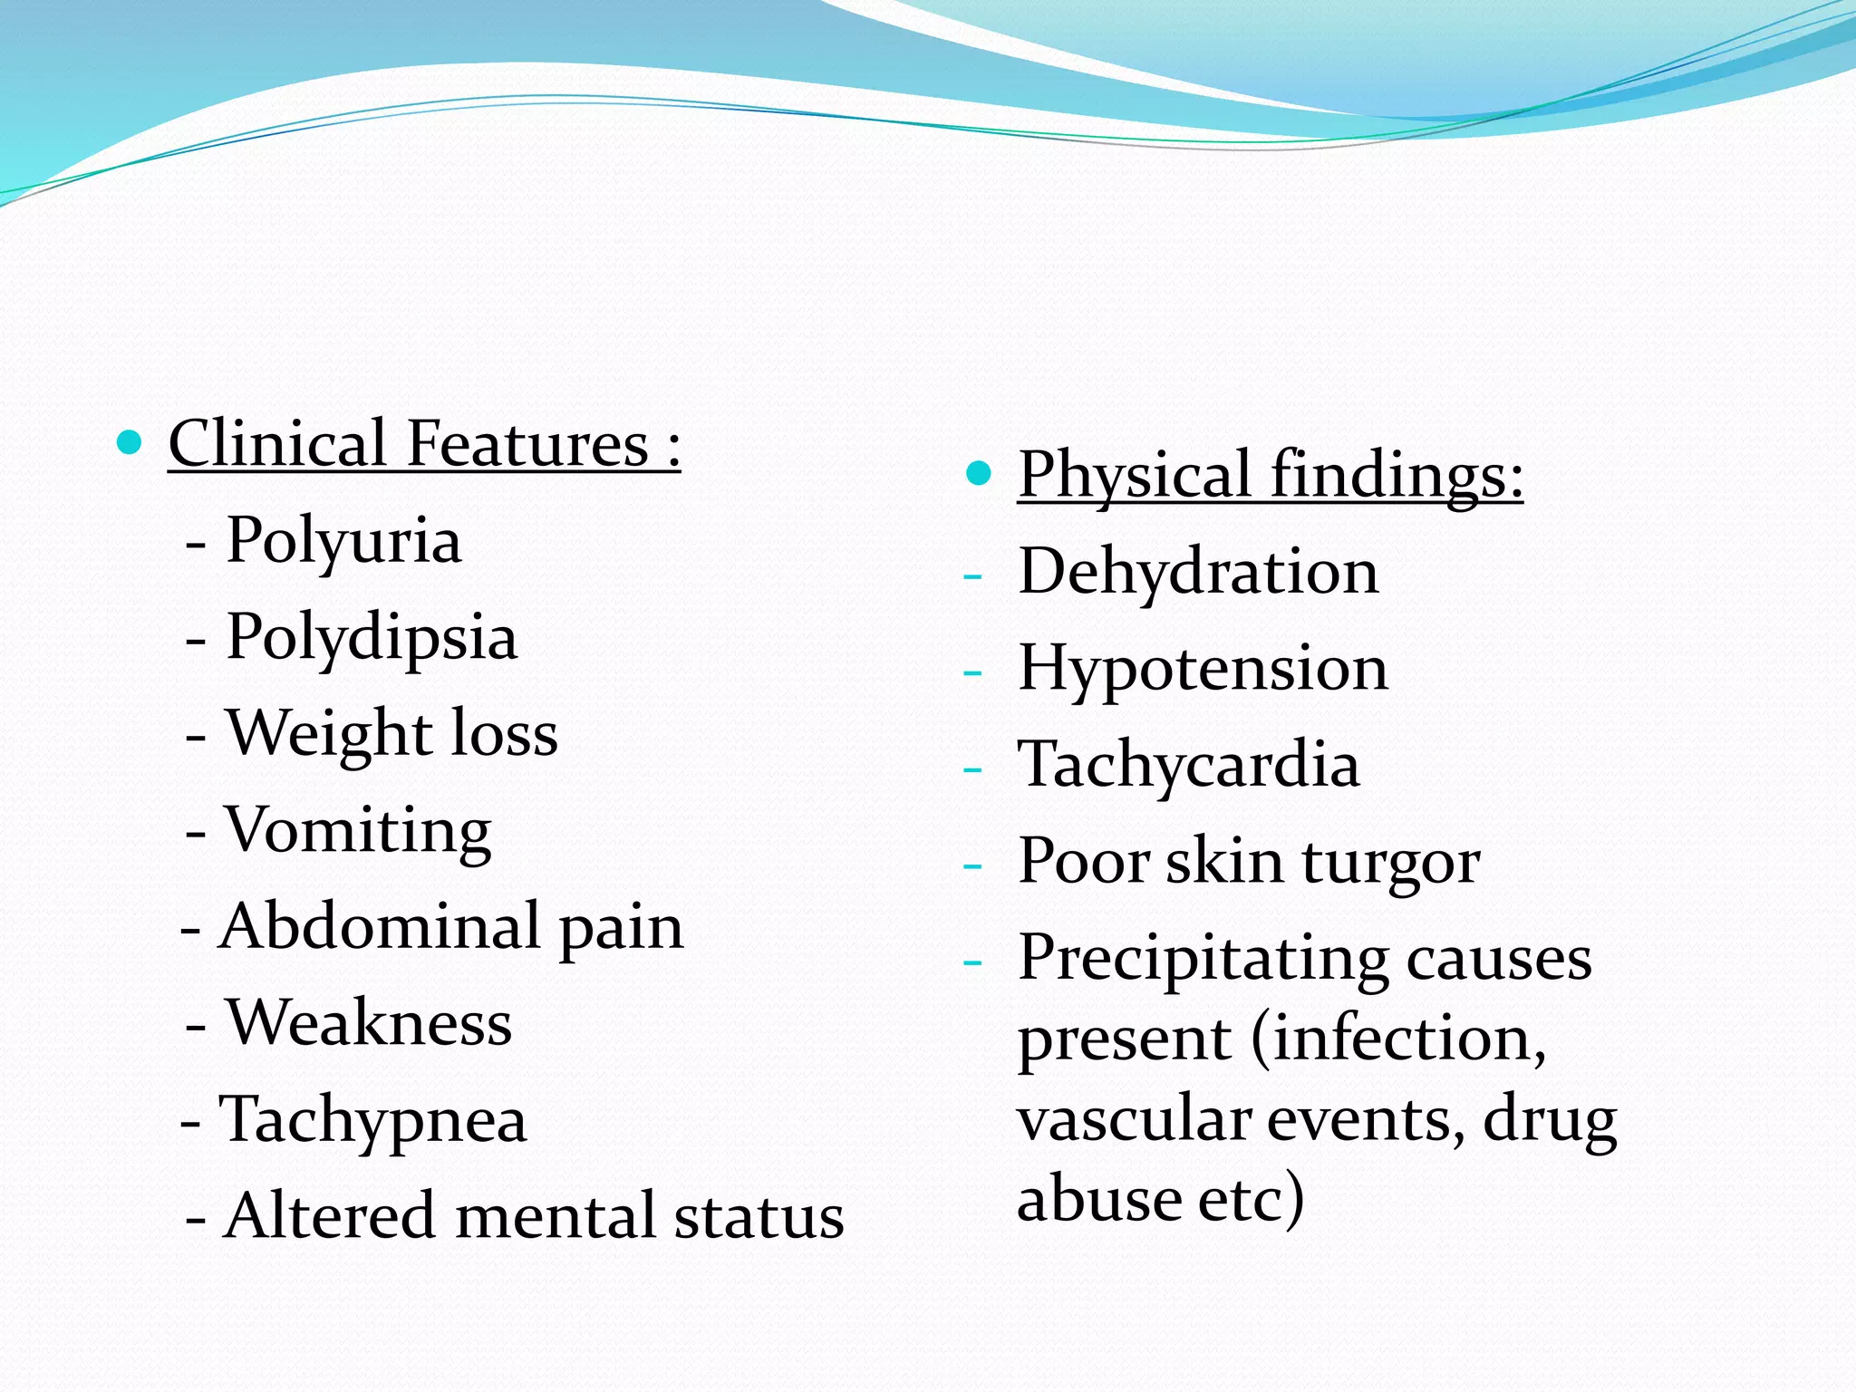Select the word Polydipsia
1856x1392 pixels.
[x=372, y=638]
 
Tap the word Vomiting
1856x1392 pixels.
[x=358, y=831]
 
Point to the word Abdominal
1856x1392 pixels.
[x=380, y=927]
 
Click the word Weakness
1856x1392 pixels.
[x=369, y=1023]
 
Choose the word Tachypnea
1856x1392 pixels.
[x=372, y=1120]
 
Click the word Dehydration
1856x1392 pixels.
[x=1198, y=573]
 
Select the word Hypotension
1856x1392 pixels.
[x=1203, y=669]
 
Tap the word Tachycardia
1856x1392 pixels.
[x=1188, y=765]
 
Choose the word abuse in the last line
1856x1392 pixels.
[x=1098, y=1198]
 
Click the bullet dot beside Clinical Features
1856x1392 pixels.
[x=130, y=443]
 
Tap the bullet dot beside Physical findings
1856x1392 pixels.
[x=979, y=473]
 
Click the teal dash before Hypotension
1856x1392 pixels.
[x=972, y=672]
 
